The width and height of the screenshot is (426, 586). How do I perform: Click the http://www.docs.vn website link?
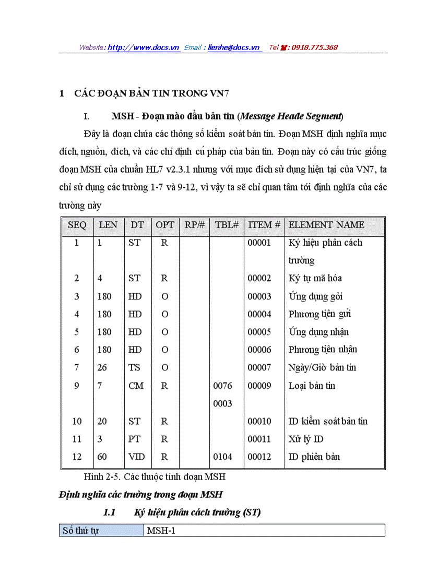tap(144, 47)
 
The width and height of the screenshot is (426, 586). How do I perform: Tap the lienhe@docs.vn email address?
tap(233, 47)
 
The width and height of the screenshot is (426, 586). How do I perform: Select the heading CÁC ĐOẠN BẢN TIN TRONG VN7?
tap(151, 94)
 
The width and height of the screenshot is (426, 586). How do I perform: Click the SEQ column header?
tap(77, 225)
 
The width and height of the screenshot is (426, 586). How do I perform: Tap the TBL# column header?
tap(227, 225)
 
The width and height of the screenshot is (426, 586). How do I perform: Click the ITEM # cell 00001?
tap(259, 243)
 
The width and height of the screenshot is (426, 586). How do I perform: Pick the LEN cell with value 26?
tap(102, 367)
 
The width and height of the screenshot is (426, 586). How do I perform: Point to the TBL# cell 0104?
tap(223, 457)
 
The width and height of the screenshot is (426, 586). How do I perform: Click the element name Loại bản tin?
tap(312, 386)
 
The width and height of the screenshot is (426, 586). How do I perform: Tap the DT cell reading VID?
tap(137, 457)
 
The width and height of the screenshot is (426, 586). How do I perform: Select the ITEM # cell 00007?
tap(259, 367)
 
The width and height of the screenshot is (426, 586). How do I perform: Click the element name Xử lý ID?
tap(306, 439)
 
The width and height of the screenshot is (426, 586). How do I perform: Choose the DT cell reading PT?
tap(134, 439)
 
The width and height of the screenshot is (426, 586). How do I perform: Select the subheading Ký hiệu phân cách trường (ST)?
tap(197, 512)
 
